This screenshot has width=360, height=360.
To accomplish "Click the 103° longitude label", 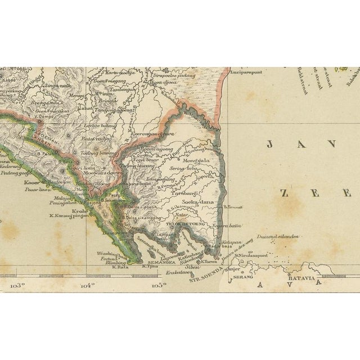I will (18, 285).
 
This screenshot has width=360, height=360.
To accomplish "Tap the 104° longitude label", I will (87, 285).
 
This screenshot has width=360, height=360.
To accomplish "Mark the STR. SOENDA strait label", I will (206, 278).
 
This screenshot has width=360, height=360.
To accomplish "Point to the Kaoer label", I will (31, 183).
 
